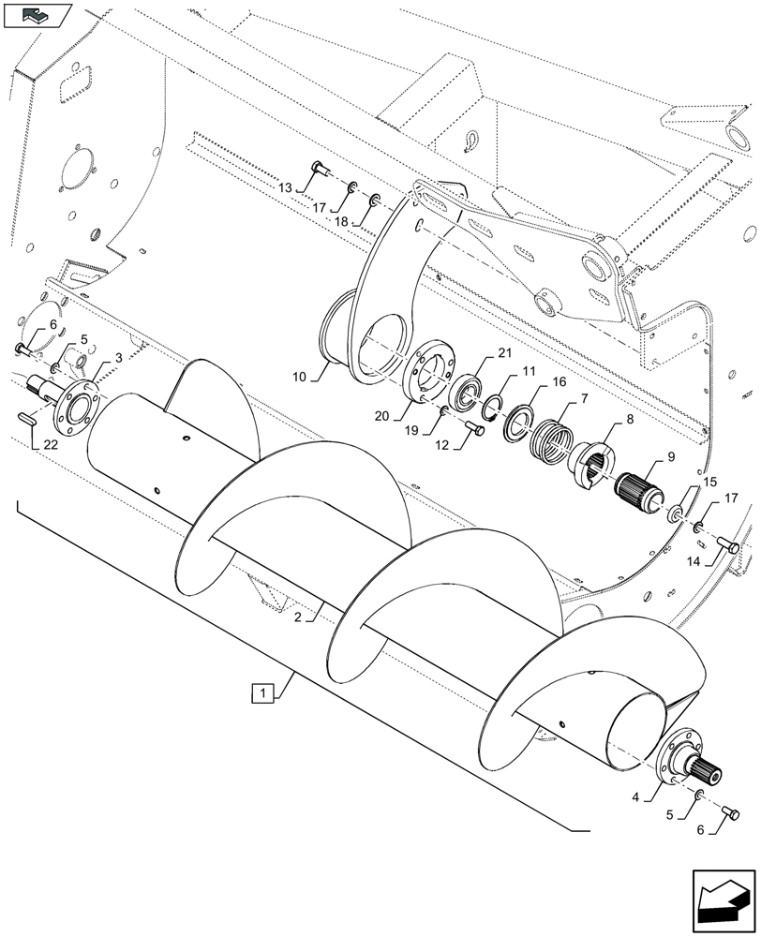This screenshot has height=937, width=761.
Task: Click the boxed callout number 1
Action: tap(265, 694)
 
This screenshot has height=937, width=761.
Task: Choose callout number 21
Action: tap(505, 351)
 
